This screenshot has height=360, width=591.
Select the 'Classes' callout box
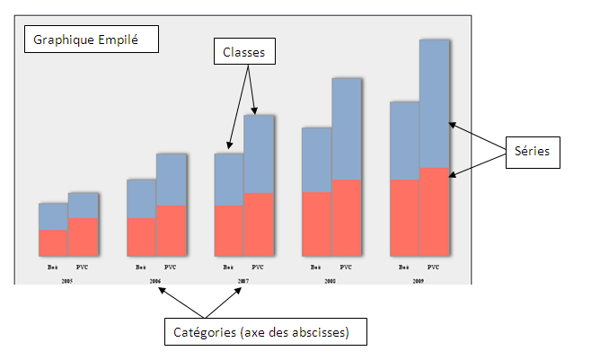coord(243,53)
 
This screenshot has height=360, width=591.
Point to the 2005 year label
coord(67,281)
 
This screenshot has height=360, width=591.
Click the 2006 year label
coord(155,281)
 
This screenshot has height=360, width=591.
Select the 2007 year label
coord(243,281)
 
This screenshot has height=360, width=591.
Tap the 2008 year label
coord(330,281)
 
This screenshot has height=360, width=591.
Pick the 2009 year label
coord(418,281)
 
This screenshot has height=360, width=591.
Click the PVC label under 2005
coord(83,267)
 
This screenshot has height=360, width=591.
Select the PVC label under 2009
coord(433,267)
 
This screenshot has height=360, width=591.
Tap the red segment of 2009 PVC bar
coord(433,212)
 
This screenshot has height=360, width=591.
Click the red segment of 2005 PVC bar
coord(83,237)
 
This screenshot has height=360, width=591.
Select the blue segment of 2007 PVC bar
coord(258,154)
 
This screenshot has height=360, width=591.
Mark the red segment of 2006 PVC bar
coord(171,231)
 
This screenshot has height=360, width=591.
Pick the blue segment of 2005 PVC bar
coord(83,206)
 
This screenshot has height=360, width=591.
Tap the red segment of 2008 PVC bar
coord(346,217)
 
